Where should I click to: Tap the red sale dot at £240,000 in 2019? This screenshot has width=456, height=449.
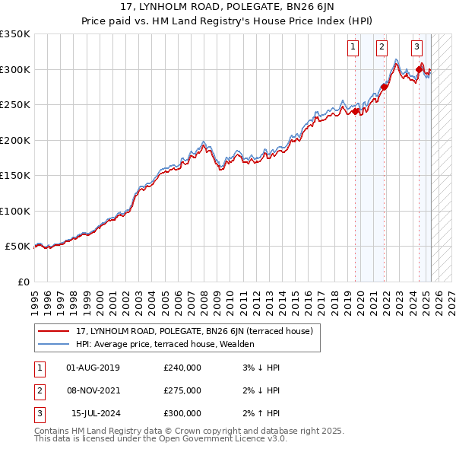pyautogui.click(x=356, y=111)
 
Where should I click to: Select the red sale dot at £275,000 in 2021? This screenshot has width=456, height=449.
pyautogui.click(x=384, y=86)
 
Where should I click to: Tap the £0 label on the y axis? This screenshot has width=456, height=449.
pyautogui.click(x=23, y=282)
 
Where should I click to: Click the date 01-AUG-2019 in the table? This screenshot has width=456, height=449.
pyautogui.click(x=93, y=368)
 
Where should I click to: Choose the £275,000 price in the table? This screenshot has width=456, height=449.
pyautogui.click(x=182, y=391)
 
